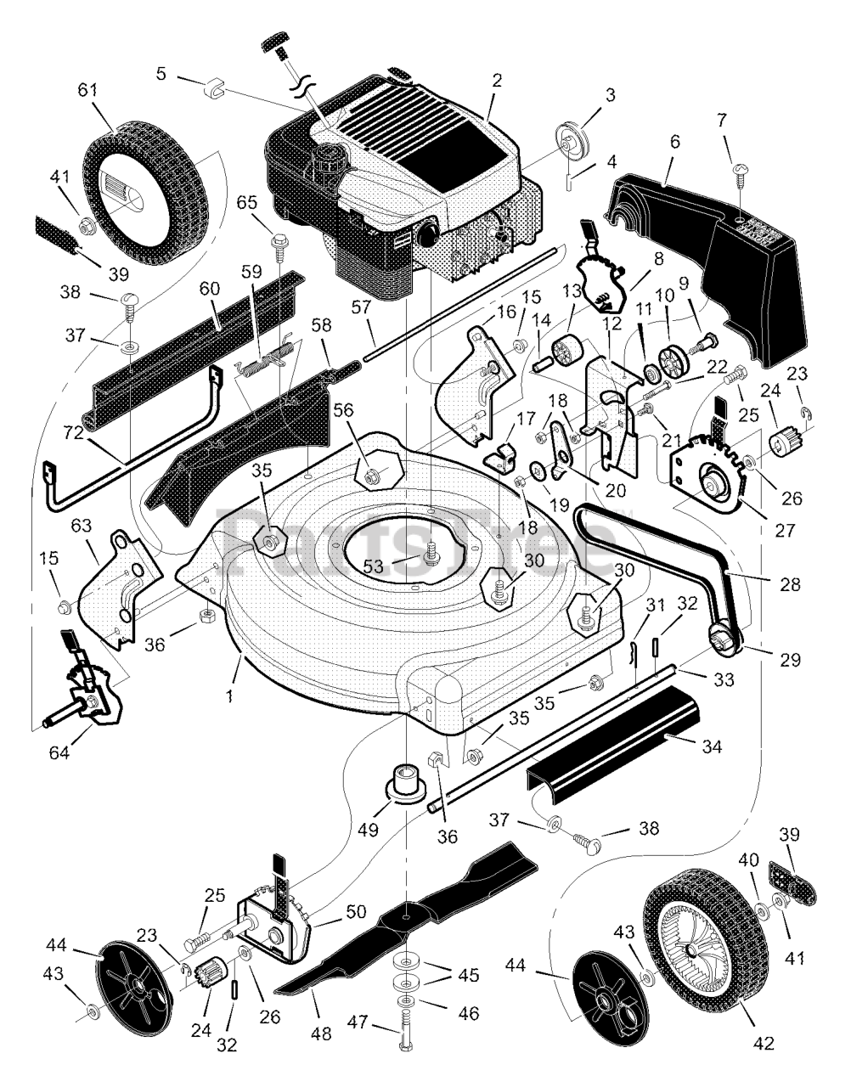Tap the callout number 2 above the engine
[x=497, y=81]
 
